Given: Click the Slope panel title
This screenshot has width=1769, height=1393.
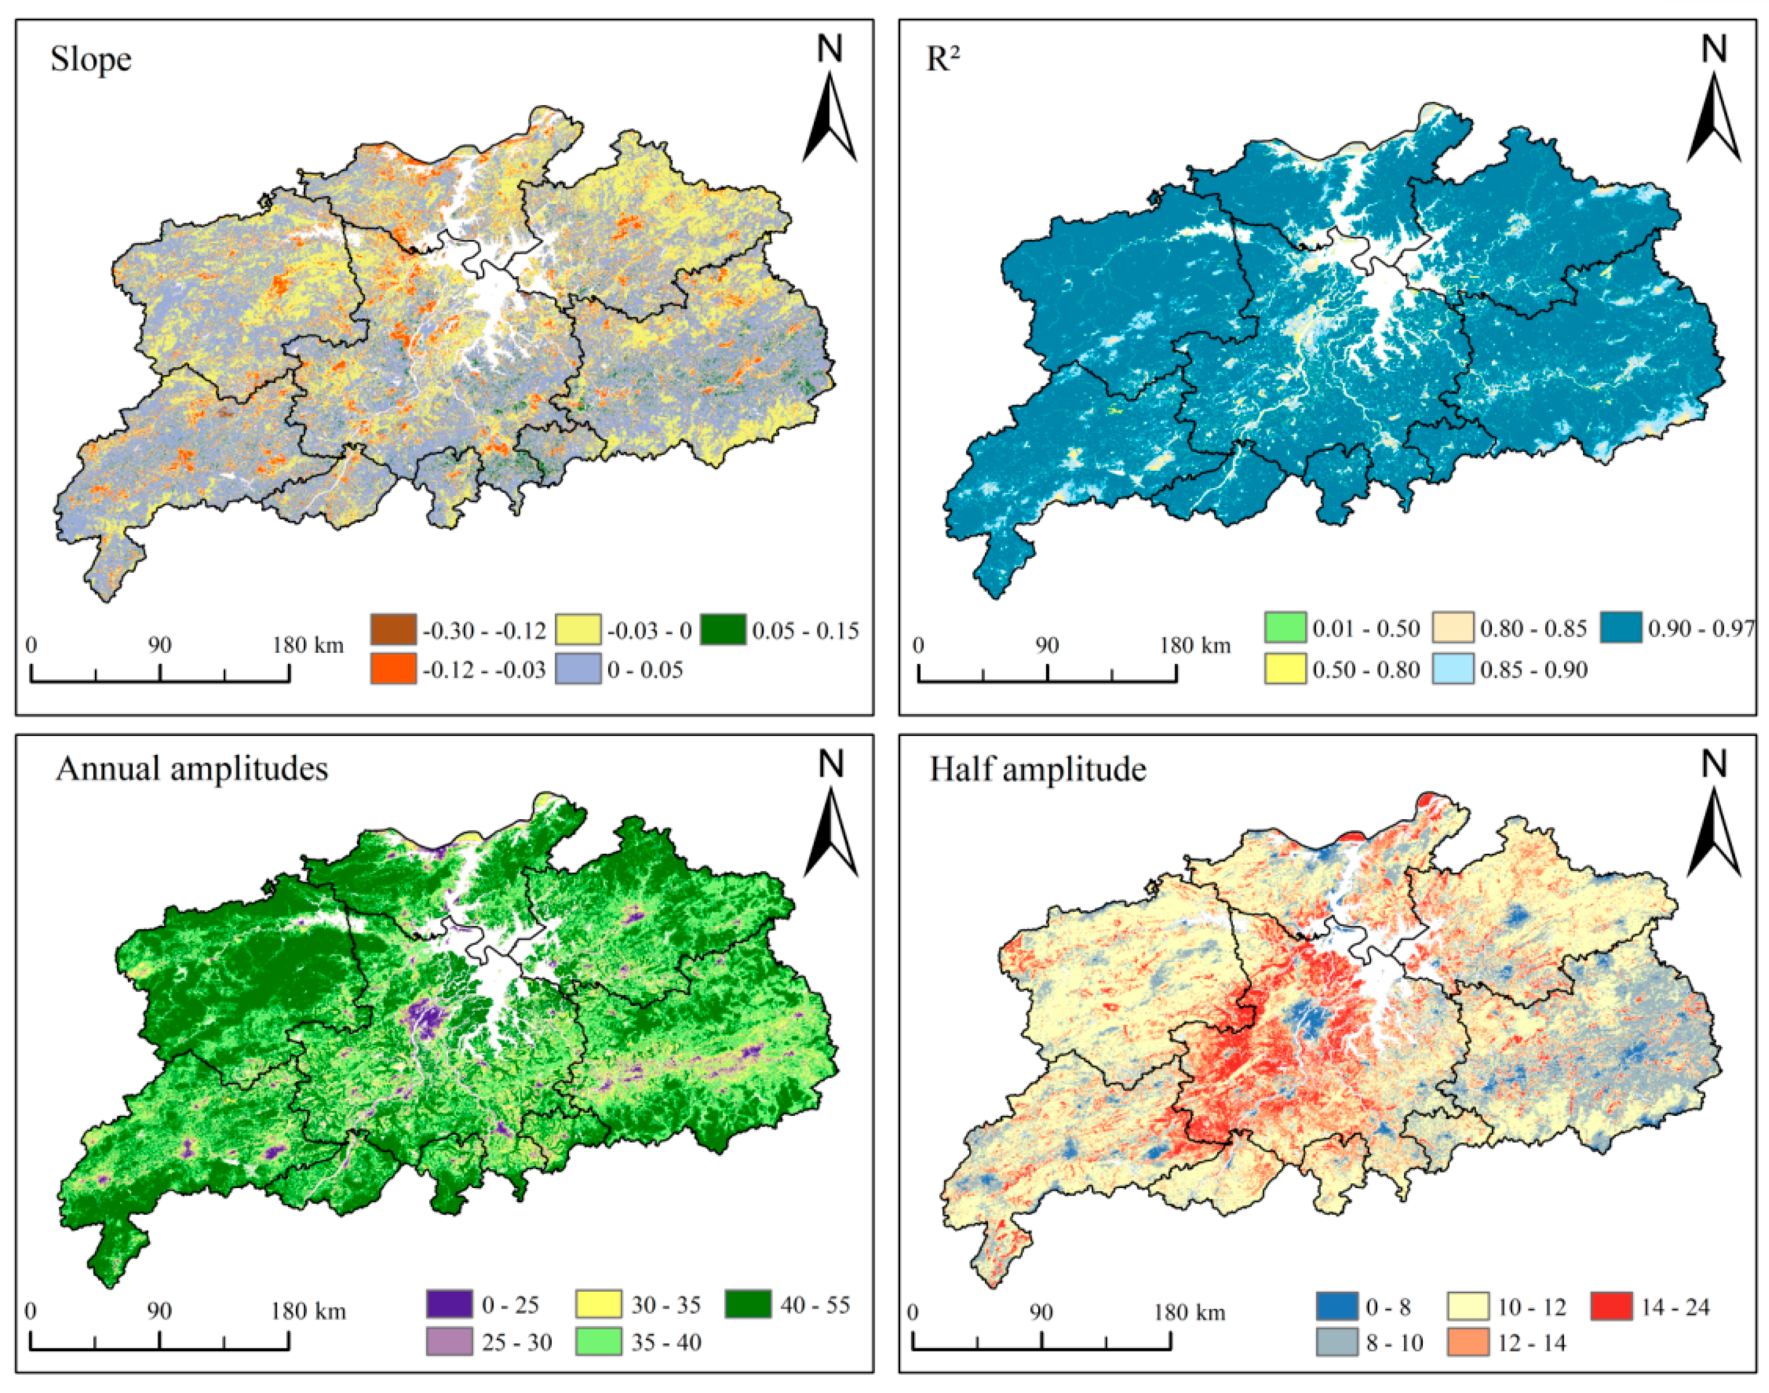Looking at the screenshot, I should coord(91,59).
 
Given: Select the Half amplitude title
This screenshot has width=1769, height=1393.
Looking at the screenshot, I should coord(1038,769).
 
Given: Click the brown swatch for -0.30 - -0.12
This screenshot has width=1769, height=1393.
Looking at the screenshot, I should coord(393,629).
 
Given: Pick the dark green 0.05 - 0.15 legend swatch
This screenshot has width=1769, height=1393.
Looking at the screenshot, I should coord(723,629).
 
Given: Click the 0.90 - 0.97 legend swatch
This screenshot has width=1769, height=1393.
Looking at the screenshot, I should coord(1621,628).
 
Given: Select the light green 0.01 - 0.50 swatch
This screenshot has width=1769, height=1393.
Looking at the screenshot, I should coord(1285,628).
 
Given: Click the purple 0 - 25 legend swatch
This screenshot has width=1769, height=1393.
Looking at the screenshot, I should coord(449,1304).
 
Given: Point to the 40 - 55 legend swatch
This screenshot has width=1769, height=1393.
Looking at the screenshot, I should coord(748,1304).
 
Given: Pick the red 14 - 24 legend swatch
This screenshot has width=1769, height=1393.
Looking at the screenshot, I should coord(1612,1307).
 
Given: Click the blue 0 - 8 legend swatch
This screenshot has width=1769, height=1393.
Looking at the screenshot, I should coord(1338,1307).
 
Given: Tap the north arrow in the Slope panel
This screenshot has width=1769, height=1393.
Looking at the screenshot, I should coord(829,102).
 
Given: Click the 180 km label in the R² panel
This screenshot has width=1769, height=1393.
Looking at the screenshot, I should coord(1195,646).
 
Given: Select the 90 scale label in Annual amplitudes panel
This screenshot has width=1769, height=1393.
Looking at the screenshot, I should coord(159,1312).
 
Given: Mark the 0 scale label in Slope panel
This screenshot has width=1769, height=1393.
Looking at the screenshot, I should coord(31,645).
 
